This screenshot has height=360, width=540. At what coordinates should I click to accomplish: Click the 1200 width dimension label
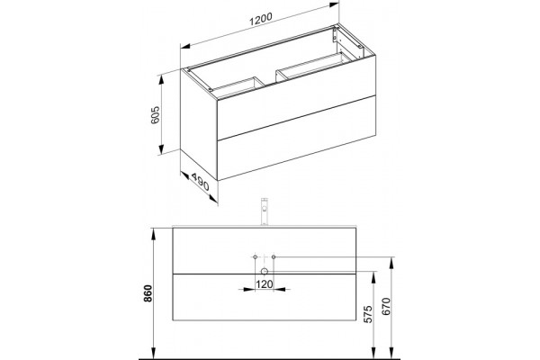(x=261, y=19)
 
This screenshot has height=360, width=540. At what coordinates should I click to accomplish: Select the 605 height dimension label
(x=156, y=114)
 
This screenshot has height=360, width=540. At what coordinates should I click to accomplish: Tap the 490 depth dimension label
(x=200, y=182)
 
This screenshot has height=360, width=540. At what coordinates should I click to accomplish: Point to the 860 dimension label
(x=148, y=293)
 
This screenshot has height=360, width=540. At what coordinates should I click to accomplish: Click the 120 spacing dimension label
(x=264, y=284)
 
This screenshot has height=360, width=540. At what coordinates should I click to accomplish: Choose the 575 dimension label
(x=368, y=314)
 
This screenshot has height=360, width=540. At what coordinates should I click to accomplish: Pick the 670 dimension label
(x=386, y=306)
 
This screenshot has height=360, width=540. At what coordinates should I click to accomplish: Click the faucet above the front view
(x=264, y=211)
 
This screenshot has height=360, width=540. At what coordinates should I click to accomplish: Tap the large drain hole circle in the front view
(x=264, y=272)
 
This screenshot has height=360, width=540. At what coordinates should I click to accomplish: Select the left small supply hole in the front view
(x=256, y=257)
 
